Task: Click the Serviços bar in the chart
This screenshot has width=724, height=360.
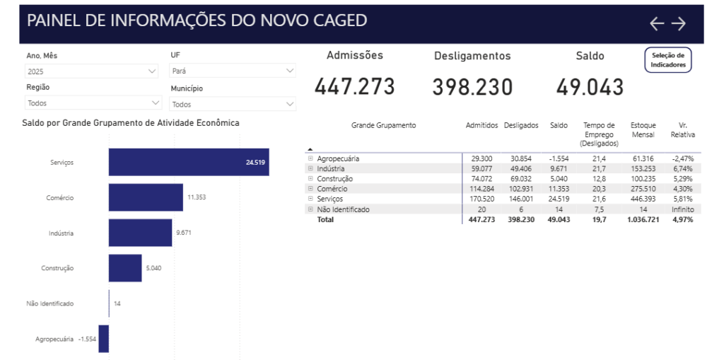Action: click(x=188, y=162)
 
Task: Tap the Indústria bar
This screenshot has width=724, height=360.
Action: click(x=140, y=233)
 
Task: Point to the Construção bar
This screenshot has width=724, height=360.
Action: click(x=125, y=268)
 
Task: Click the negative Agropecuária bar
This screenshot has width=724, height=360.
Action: click(x=103, y=339)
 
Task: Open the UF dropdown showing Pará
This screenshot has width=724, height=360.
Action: click(x=233, y=71)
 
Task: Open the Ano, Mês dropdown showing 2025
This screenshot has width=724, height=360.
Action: click(x=91, y=71)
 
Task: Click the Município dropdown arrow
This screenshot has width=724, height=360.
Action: click(x=290, y=104)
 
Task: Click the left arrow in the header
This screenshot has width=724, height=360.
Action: click(x=657, y=24)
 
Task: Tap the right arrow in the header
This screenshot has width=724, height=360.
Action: click(x=679, y=24)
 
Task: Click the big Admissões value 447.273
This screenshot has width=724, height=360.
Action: click(x=355, y=87)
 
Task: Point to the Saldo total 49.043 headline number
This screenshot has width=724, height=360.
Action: click(x=590, y=87)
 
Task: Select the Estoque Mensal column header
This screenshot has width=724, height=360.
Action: click(x=643, y=130)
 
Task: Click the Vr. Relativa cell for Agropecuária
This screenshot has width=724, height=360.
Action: click(x=683, y=159)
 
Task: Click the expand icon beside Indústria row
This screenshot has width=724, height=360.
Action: click(x=310, y=169)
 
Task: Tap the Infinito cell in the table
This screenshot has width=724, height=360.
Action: click(x=683, y=209)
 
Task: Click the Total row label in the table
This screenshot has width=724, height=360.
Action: click(x=325, y=220)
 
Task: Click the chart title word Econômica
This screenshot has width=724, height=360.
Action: click(x=218, y=123)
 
